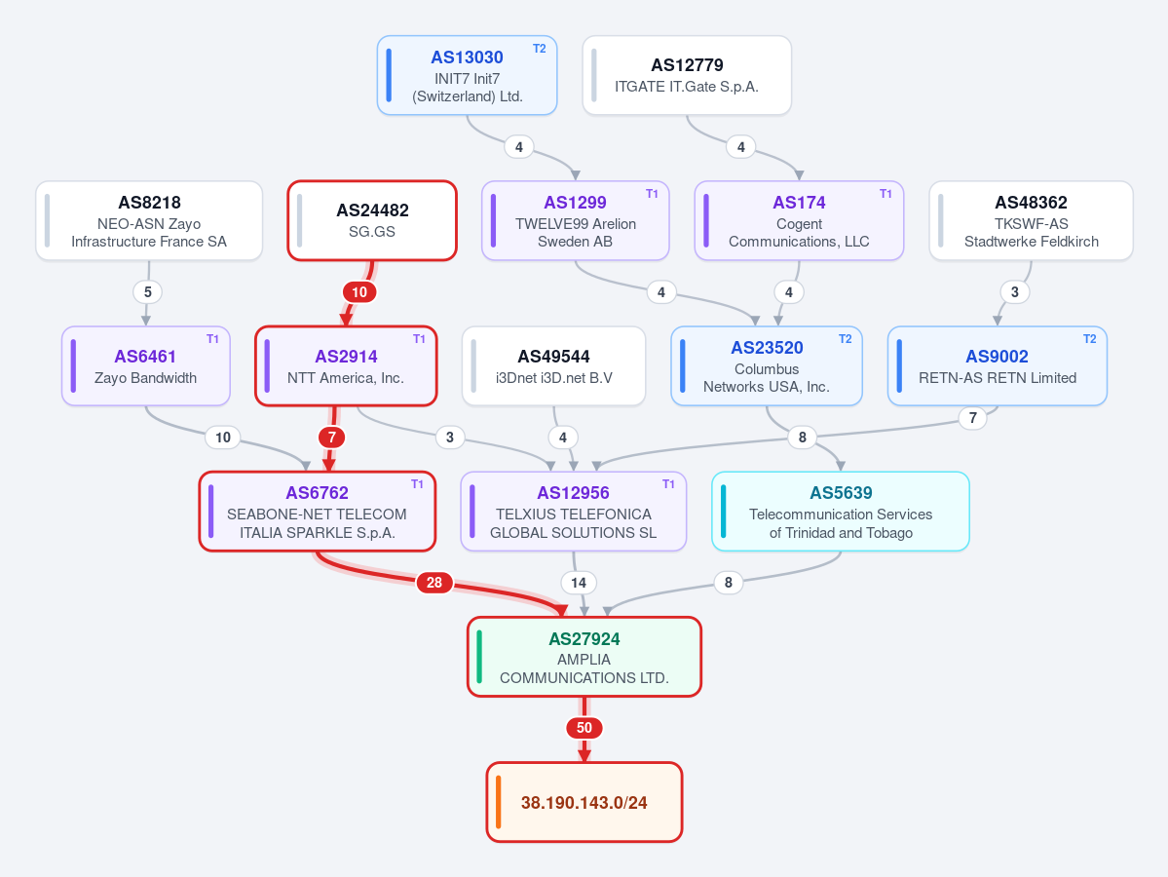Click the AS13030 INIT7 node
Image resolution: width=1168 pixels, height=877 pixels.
coord(467,75)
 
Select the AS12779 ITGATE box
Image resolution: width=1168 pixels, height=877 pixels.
coord(687,75)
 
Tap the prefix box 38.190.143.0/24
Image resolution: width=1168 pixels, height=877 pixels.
coord(584,803)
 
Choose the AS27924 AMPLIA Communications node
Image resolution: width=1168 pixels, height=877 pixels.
coord(584,657)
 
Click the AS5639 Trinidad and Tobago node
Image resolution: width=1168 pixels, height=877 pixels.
coord(841,512)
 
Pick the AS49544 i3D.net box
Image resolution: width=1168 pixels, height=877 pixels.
coord(553,365)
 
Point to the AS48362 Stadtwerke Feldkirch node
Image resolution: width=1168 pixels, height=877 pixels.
coord(1031,220)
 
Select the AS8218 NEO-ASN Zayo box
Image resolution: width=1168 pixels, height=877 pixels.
coord(149,220)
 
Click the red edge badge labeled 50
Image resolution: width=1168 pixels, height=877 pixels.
coord(584,728)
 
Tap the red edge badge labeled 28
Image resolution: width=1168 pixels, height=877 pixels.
coord(434,583)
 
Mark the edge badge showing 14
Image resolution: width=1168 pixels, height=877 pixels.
coord(579,583)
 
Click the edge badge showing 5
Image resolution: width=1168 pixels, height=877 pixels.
coord(147,292)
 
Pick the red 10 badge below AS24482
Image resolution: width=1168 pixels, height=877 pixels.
coord(359,292)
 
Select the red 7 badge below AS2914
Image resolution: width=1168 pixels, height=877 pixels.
coord(332,438)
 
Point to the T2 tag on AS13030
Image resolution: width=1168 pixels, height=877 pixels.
coord(540,49)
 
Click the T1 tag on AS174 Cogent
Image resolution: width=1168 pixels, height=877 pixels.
coord(885,194)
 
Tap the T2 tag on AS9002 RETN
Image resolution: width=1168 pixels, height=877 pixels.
coord(1090,339)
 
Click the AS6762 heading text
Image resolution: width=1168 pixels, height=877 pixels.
coord(318,492)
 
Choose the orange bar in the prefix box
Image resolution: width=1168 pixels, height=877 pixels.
coord(499,803)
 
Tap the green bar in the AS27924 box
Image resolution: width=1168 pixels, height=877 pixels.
coord(479,657)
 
